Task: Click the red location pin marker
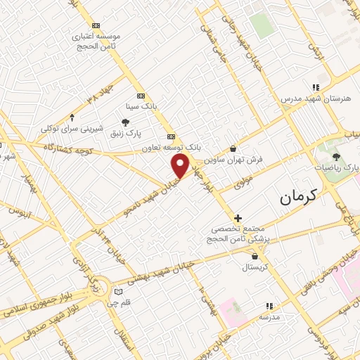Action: (x=181, y=167)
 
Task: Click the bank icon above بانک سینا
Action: (x=141, y=96)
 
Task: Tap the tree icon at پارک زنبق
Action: (x=125, y=122)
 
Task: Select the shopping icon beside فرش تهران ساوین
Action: (x=233, y=148)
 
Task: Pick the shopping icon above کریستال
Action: (x=252, y=257)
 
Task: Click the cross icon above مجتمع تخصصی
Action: (x=238, y=218)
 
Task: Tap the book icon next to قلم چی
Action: (x=118, y=292)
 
